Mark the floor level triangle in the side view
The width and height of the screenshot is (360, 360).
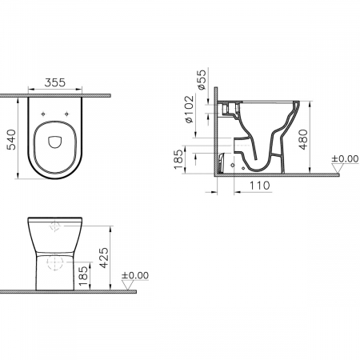coord(335,167)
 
